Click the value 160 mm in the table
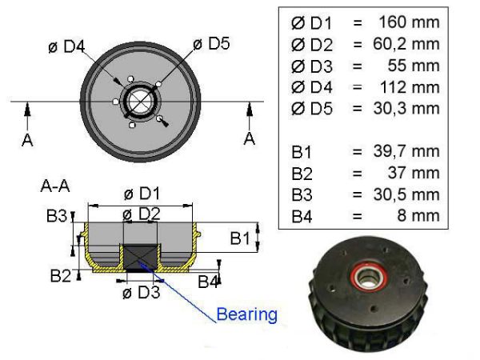(409, 22)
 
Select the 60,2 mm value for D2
(406, 44)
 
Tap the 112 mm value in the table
(410, 87)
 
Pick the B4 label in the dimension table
(302, 217)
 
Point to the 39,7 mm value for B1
(406, 151)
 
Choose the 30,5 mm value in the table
(406, 194)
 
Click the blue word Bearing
(246, 314)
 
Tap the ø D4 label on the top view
(66, 46)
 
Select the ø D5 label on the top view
(211, 43)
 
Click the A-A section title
(55, 186)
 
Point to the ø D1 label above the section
(142, 194)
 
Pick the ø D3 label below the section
(141, 292)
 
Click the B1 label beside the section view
(240, 238)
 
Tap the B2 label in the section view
(61, 275)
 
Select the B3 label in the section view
(57, 215)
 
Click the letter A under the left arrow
(27, 140)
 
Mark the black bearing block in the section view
(140, 258)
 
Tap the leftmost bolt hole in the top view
(115, 102)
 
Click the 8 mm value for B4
(418, 215)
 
